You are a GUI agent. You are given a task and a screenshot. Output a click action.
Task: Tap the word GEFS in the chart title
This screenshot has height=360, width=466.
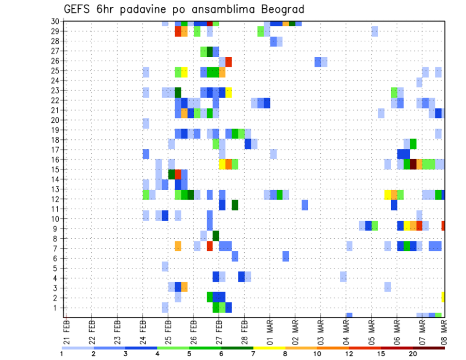point(79,9)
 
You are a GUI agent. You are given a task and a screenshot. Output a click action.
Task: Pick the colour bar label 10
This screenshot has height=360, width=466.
point(317,354)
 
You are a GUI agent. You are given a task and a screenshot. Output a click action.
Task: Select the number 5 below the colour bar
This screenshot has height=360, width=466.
point(189,354)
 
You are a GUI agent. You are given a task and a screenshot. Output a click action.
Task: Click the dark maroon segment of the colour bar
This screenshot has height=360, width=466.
point(429,348)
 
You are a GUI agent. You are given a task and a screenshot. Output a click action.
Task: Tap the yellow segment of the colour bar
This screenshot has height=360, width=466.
point(269,348)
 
